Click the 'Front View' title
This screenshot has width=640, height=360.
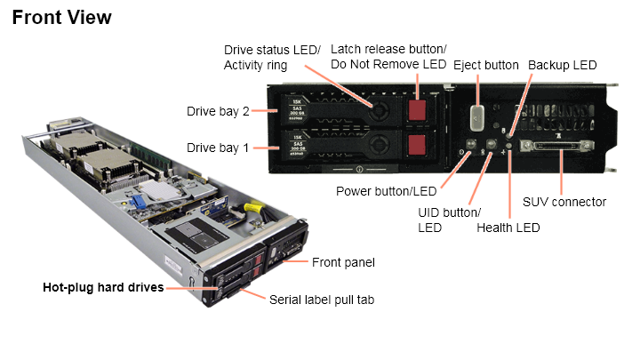(62, 17)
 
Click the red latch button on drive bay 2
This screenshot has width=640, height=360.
(417, 109)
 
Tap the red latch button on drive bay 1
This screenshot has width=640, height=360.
(417, 145)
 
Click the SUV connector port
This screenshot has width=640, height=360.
(562, 147)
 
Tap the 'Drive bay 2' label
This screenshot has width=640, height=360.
(218, 111)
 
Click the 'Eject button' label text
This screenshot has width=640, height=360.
(485, 65)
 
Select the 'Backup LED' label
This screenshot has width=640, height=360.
(562, 65)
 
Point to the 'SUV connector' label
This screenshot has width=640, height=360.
(564, 202)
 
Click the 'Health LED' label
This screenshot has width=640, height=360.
(508, 228)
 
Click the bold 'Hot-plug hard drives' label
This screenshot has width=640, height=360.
(103, 287)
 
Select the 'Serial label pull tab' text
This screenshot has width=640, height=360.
(321, 300)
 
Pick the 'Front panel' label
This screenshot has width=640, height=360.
(343, 262)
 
